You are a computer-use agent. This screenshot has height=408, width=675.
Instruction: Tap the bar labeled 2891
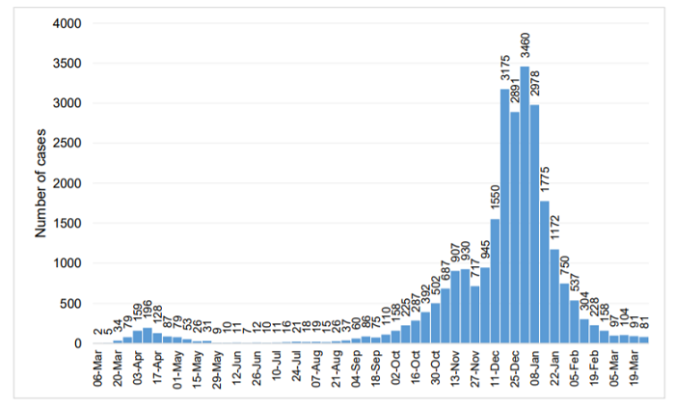(515, 228)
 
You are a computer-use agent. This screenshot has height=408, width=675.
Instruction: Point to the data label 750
(565, 266)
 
